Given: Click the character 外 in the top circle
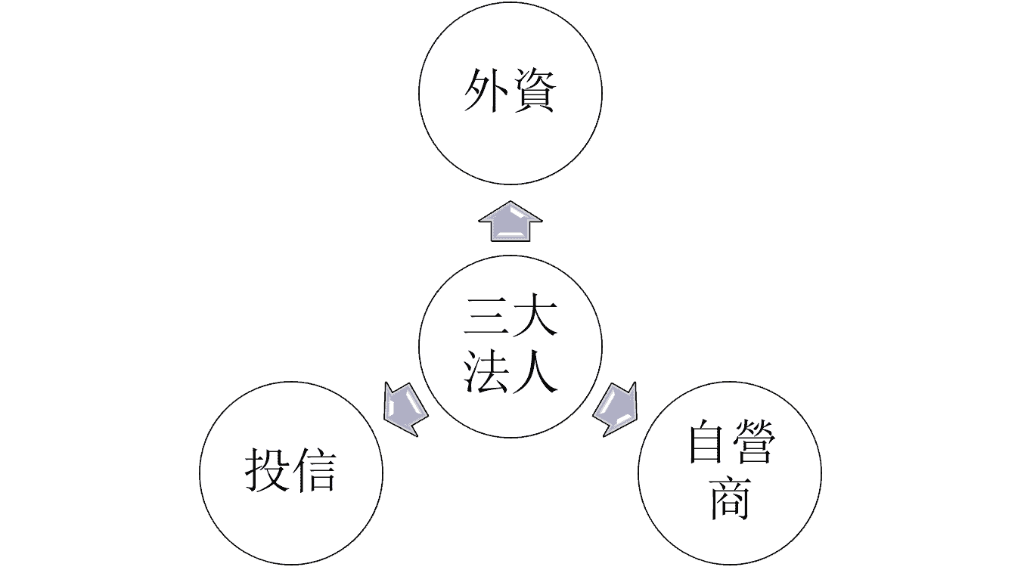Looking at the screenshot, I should (486, 91).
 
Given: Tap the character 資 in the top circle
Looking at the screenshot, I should (534, 91).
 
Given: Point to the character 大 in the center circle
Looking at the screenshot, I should (534, 318).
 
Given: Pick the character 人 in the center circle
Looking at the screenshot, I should (534, 371).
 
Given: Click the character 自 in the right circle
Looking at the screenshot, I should (707, 445).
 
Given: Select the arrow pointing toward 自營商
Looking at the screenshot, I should (616, 409).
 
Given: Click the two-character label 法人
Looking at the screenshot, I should (510, 371).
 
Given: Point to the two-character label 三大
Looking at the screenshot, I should (510, 318).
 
